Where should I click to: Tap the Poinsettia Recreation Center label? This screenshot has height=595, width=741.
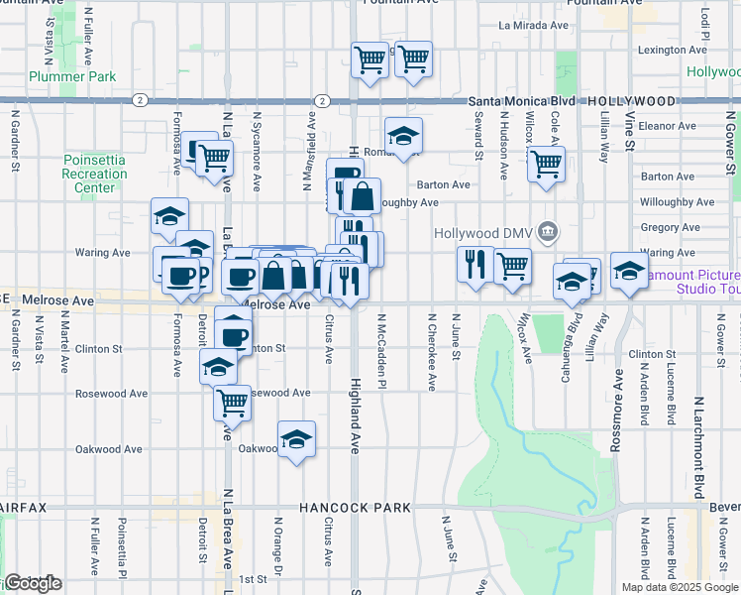pos(94,173)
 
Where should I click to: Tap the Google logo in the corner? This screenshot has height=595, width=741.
pos(33,582)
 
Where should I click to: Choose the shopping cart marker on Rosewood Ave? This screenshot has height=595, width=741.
pos(232,402)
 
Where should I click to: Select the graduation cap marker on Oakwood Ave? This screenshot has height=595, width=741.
pos(296,439)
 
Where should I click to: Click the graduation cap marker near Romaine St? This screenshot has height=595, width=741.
pos(403,136)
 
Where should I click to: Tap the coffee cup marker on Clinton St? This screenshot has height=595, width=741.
pos(234,335)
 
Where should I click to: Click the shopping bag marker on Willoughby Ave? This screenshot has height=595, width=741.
pos(363,197)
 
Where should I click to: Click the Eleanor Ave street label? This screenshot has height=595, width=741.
pos(669,126)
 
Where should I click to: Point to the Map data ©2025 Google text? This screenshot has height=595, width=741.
pos(681,587)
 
